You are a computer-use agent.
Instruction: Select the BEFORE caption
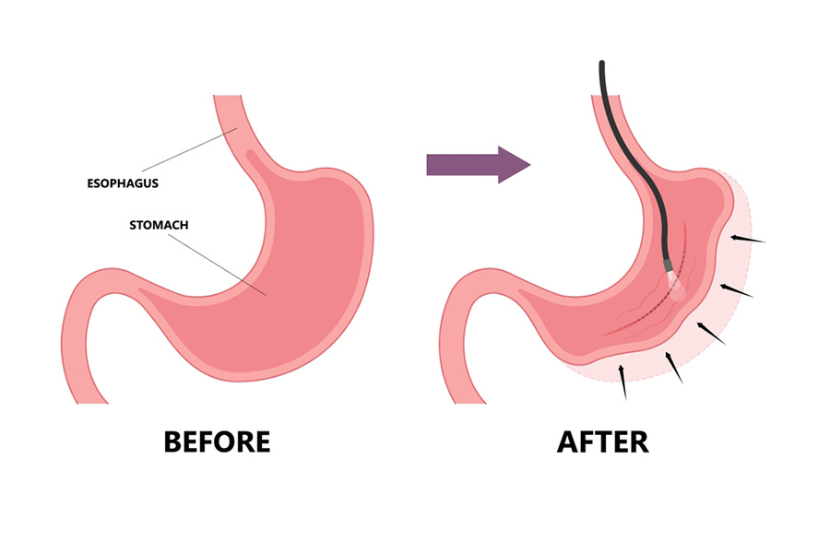217,441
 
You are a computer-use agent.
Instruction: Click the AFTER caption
603,441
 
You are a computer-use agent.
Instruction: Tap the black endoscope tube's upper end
602,66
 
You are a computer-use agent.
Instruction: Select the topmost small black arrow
746,240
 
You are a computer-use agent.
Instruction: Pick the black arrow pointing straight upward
624,382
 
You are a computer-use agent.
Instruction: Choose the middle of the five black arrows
709,333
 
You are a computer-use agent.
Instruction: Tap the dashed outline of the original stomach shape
754,276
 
